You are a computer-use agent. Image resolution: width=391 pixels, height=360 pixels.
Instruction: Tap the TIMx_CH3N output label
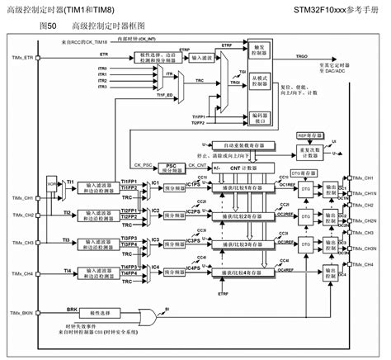click(x=364, y=248)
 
